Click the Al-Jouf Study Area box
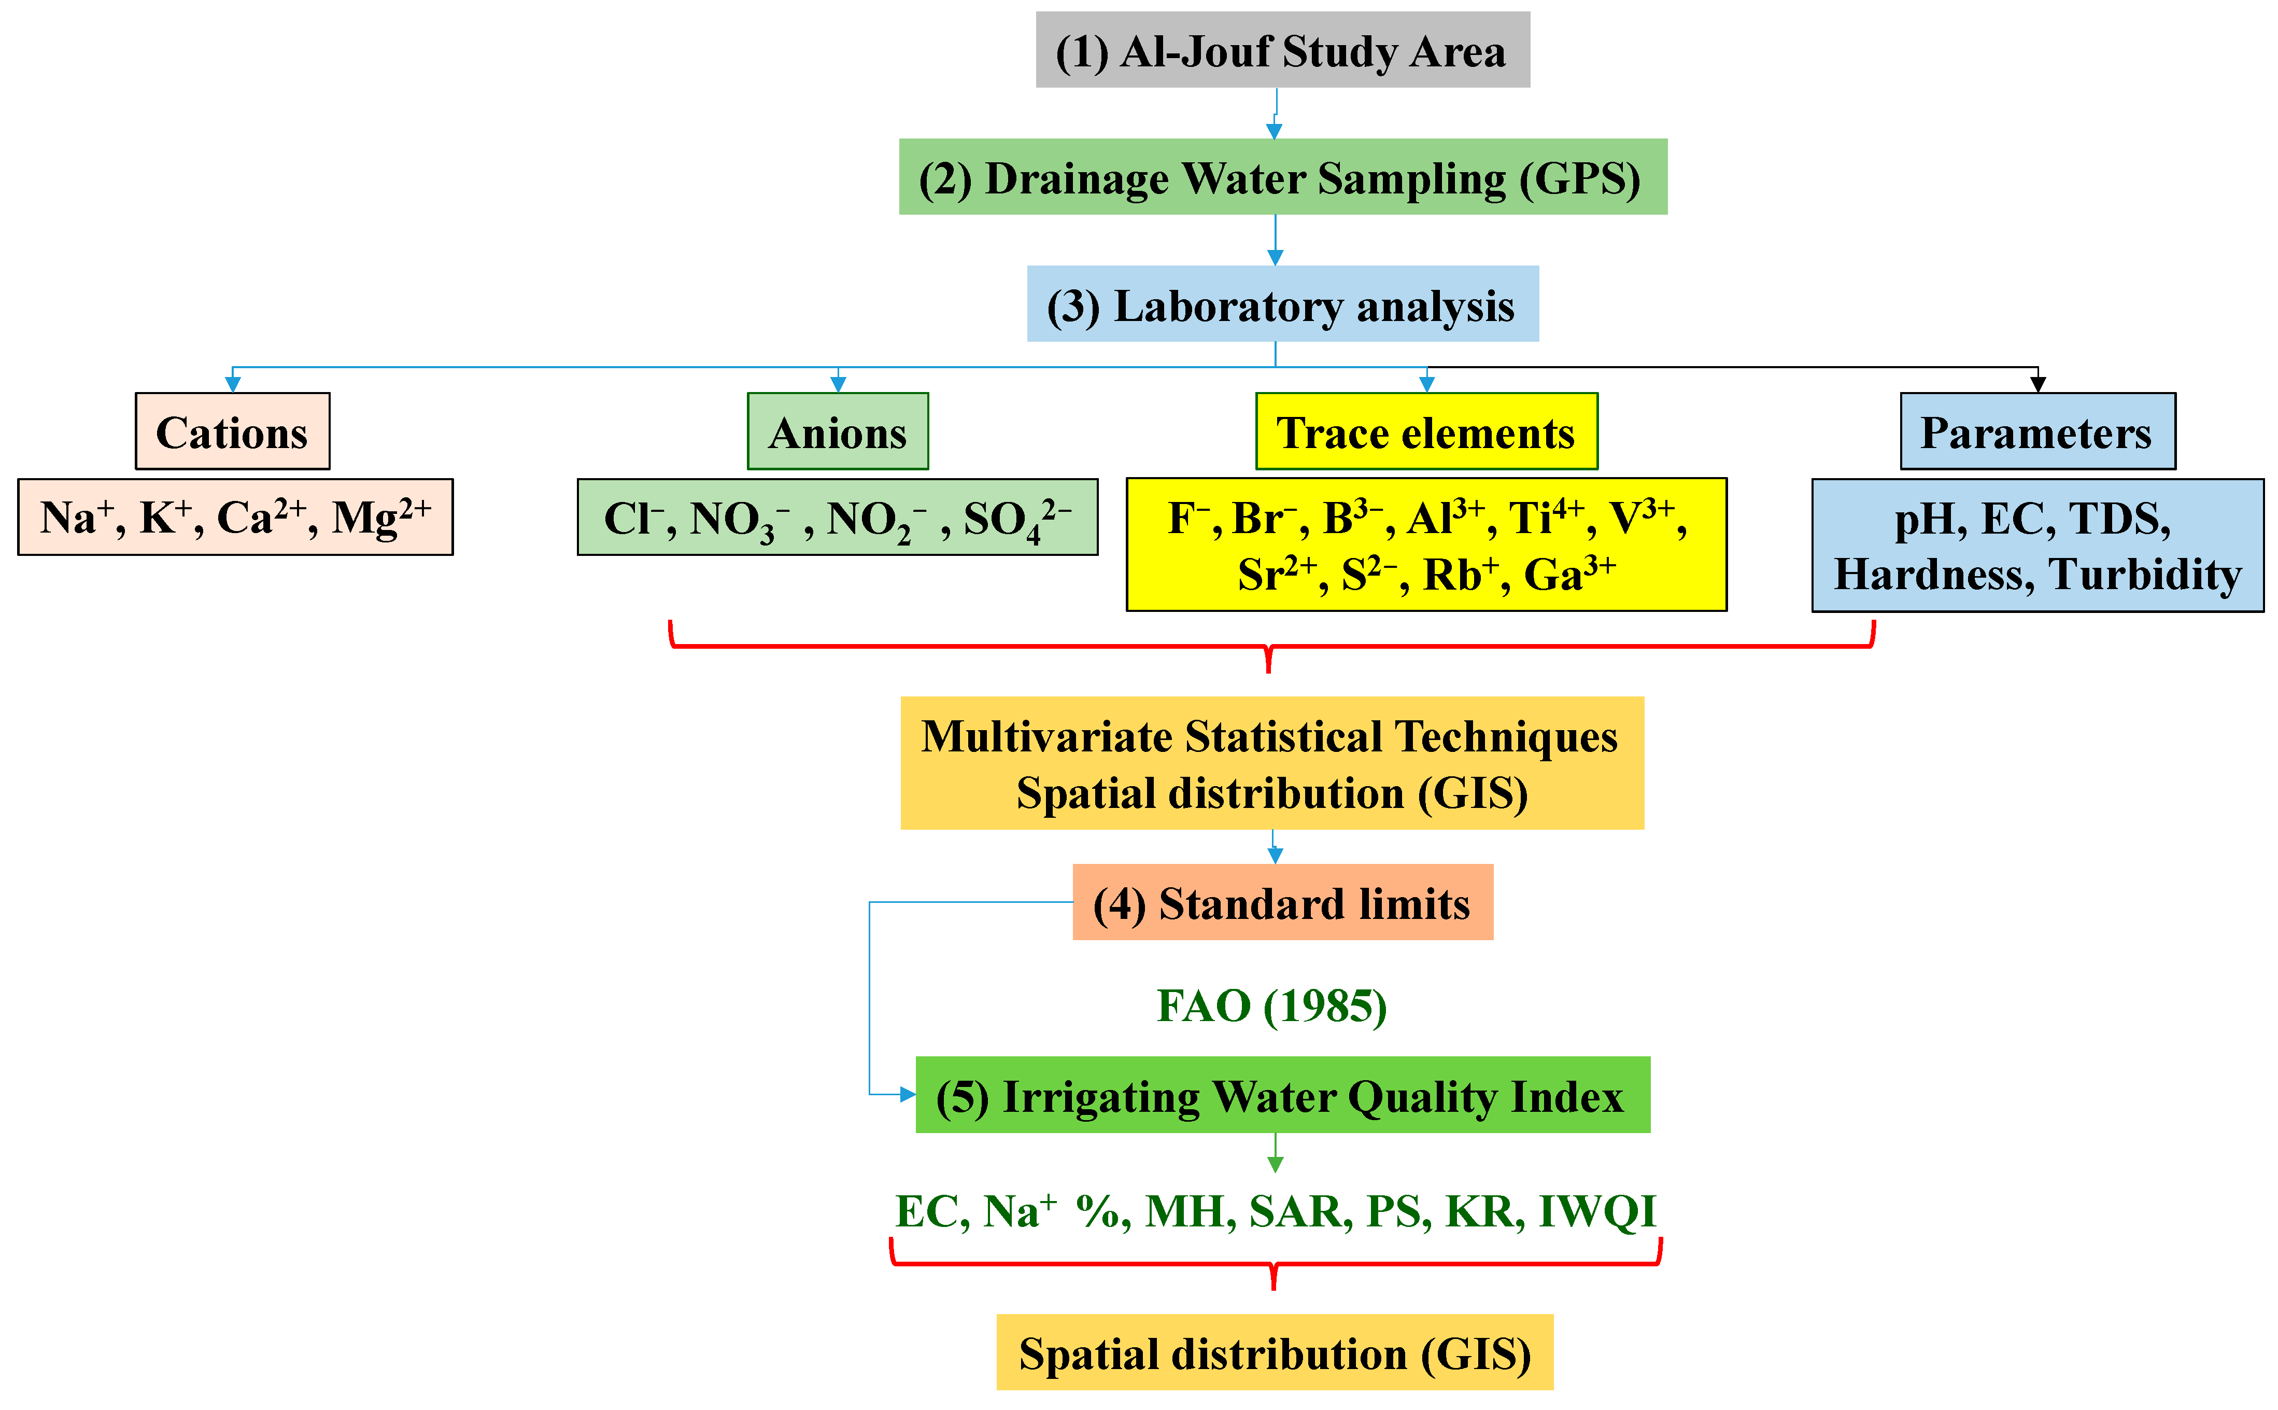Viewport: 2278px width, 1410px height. [x=1282, y=50]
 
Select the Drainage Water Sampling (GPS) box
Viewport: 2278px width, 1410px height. [x=1282, y=177]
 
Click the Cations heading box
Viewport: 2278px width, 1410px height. [x=232, y=432]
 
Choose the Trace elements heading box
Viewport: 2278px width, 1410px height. [x=1425, y=432]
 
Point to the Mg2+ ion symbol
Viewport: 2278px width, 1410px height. [x=381, y=516]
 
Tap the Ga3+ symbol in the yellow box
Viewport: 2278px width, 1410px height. [x=1569, y=574]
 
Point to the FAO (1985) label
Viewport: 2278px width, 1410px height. [x=1271, y=1006]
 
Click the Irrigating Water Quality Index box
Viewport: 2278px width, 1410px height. [x=1282, y=1095]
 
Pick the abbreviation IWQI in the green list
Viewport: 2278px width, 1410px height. [x=1596, y=1211]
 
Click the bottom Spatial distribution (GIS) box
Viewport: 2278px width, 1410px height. [x=1274, y=1352]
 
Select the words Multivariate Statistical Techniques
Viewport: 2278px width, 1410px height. [x=1269, y=737]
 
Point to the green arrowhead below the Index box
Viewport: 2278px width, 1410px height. [x=1275, y=1164]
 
